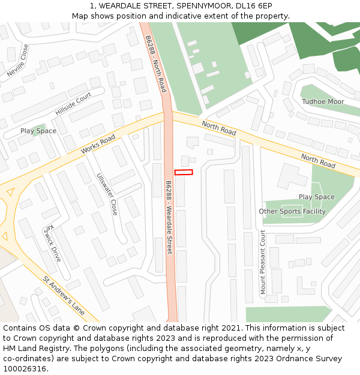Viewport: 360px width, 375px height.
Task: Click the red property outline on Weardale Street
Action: pyautogui.click(x=184, y=172)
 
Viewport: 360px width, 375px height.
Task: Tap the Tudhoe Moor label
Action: pyautogui.click(x=323, y=101)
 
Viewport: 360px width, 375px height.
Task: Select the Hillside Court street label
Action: pyautogui.click(x=73, y=104)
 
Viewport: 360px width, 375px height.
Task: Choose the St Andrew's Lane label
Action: pyautogui.click(x=63, y=296)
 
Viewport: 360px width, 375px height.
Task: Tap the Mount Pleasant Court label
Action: pyautogui.click(x=263, y=262)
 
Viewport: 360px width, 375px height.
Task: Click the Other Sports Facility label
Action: pyautogui.click(x=292, y=211)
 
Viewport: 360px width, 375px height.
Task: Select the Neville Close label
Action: pyautogui.click(x=17, y=61)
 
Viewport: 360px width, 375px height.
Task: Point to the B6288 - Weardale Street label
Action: pyautogui.click(x=169, y=217)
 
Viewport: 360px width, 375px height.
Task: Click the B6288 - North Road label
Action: pyautogui.click(x=155, y=63)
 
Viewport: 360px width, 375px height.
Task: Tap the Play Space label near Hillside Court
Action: pyautogui.click(x=38, y=131)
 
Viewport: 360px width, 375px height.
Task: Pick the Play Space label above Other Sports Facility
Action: pyautogui.click(x=317, y=197)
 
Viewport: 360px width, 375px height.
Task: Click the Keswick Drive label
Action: pyautogui.click(x=52, y=243)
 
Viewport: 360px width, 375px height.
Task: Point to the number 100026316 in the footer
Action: pyautogui.click(x=25, y=368)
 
